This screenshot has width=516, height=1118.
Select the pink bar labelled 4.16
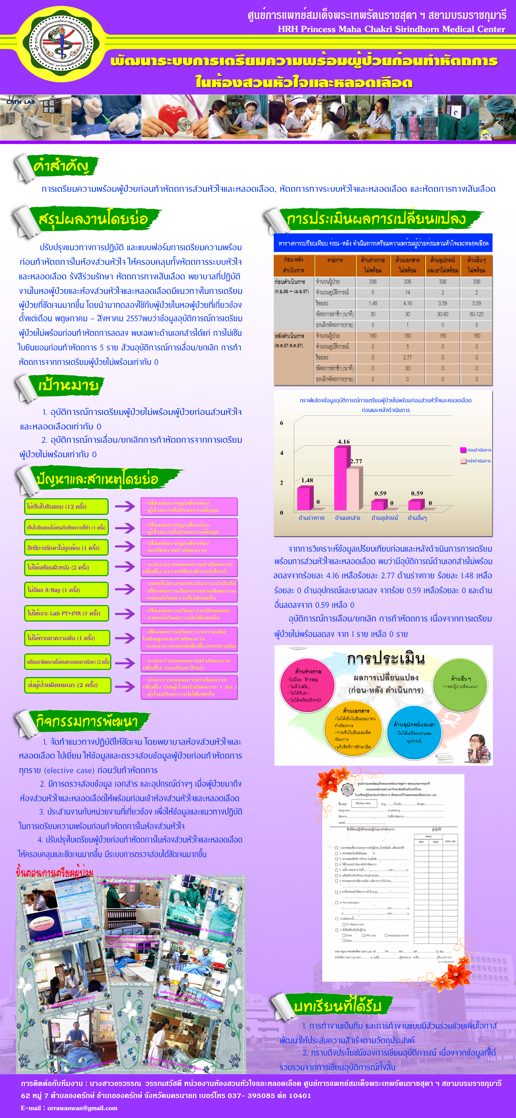point(340,478)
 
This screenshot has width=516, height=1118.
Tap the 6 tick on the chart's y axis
point(282,423)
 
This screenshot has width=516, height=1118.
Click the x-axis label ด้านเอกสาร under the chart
point(348,518)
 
